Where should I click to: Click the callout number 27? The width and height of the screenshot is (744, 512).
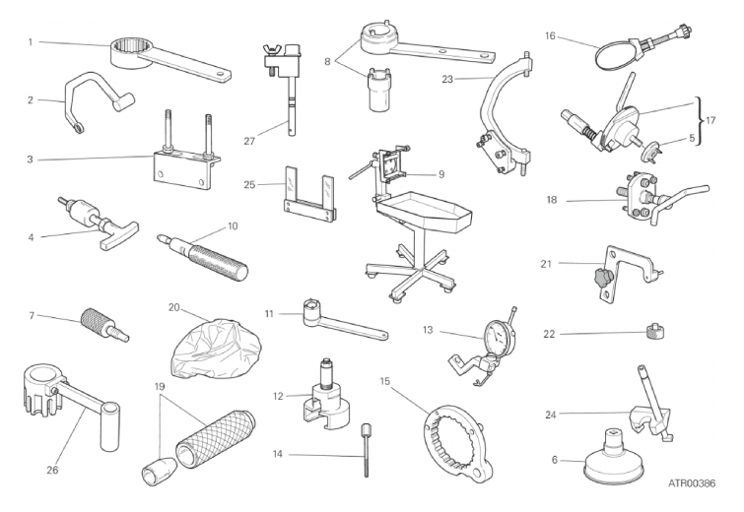[x=249, y=141]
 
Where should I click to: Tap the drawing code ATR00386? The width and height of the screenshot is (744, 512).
[x=692, y=483]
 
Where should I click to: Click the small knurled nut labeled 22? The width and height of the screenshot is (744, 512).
[x=654, y=331]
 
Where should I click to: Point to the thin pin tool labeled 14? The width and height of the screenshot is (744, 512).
[x=366, y=450]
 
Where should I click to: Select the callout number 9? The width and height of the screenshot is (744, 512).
[x=441, y=174]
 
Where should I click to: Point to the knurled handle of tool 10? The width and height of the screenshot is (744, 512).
[x=218, y=261]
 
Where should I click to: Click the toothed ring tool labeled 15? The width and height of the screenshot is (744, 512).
[x=456, y=444]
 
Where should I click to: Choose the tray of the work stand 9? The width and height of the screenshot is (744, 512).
[x=424, y=211]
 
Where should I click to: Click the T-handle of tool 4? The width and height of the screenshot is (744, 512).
[x=118, y=234]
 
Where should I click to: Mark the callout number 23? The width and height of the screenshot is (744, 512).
[x=447, y=79]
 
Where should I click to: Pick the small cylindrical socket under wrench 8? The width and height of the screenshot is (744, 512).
[x=378, y=90]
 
